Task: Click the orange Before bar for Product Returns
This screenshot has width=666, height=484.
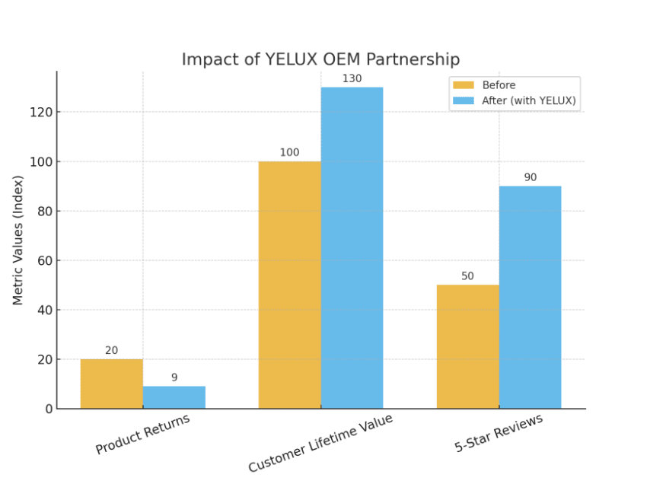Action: (x=111, y=384)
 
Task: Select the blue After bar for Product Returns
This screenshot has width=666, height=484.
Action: (x=174, y=397)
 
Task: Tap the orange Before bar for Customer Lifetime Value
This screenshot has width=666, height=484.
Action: (x=289, y=285)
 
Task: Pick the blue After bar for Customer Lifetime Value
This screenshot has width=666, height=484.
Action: (x=352, y=248)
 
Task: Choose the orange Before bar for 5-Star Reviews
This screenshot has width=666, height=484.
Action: (x=467, y=346)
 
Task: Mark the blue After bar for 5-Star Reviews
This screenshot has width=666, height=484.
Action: (x=530, y=297)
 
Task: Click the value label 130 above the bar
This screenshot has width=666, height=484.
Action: (x=352, y=78)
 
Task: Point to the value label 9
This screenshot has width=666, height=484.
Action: (x=174, y=377)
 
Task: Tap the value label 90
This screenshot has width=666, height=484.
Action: (x=530, y=177)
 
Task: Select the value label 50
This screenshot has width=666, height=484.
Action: (x=467, y=276)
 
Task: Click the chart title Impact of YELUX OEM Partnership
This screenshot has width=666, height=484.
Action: (x=320, y=59)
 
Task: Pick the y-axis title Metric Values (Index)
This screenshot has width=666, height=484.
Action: (x=18, y=240)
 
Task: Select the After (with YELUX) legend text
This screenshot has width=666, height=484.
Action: (x=528, y=100)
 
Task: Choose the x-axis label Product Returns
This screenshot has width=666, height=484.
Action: (x=142, y=434)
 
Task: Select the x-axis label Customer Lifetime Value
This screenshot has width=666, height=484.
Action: (x=320, y=444)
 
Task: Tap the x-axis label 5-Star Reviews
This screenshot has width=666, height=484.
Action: (x=499, y=434)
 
